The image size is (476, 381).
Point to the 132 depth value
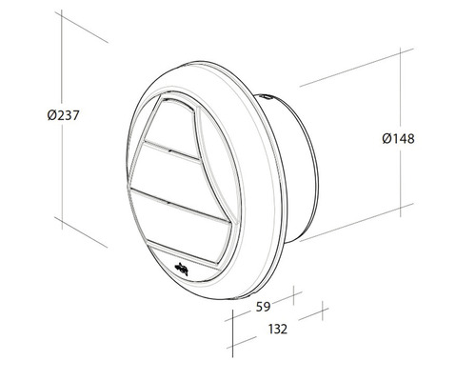tap(277, 329)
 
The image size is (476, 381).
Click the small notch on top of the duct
tap(268, 95)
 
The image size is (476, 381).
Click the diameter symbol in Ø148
tap(386, 139)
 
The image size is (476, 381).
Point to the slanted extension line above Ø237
tap(81, 29)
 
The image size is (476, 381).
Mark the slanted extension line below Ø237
tap(81, 231)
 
